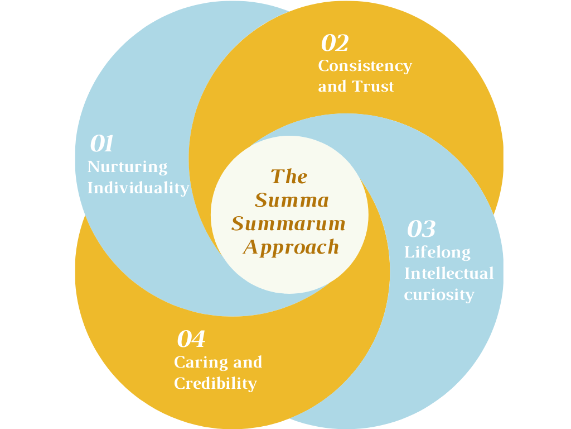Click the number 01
coord(102,144)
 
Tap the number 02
coord(335,43)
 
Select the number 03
coord(421,229)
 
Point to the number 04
coord(191,339)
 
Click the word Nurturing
coord(127,167)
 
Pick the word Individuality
coord(138,188)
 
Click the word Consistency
coord(365,66)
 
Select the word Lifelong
coord(437,252)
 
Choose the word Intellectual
coord(449,273)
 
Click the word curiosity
coord(439,294)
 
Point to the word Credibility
coord(215,383)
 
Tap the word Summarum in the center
coord(289,223)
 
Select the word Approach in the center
coord(291,246)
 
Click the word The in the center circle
coord(289,177)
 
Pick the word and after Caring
coord(247,363)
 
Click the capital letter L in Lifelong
coord(408,252)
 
